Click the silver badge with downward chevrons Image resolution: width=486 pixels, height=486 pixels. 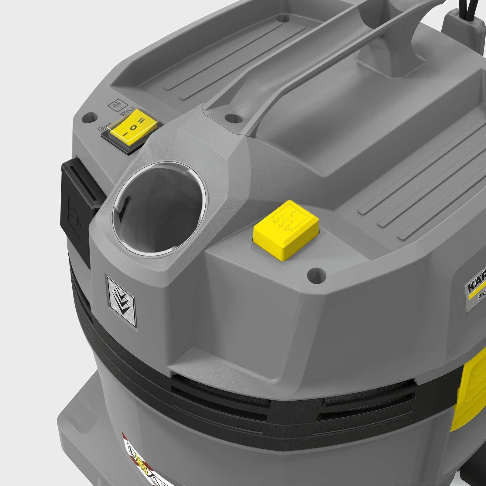point(122,300)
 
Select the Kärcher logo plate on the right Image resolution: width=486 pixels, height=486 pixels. point(475,292)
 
